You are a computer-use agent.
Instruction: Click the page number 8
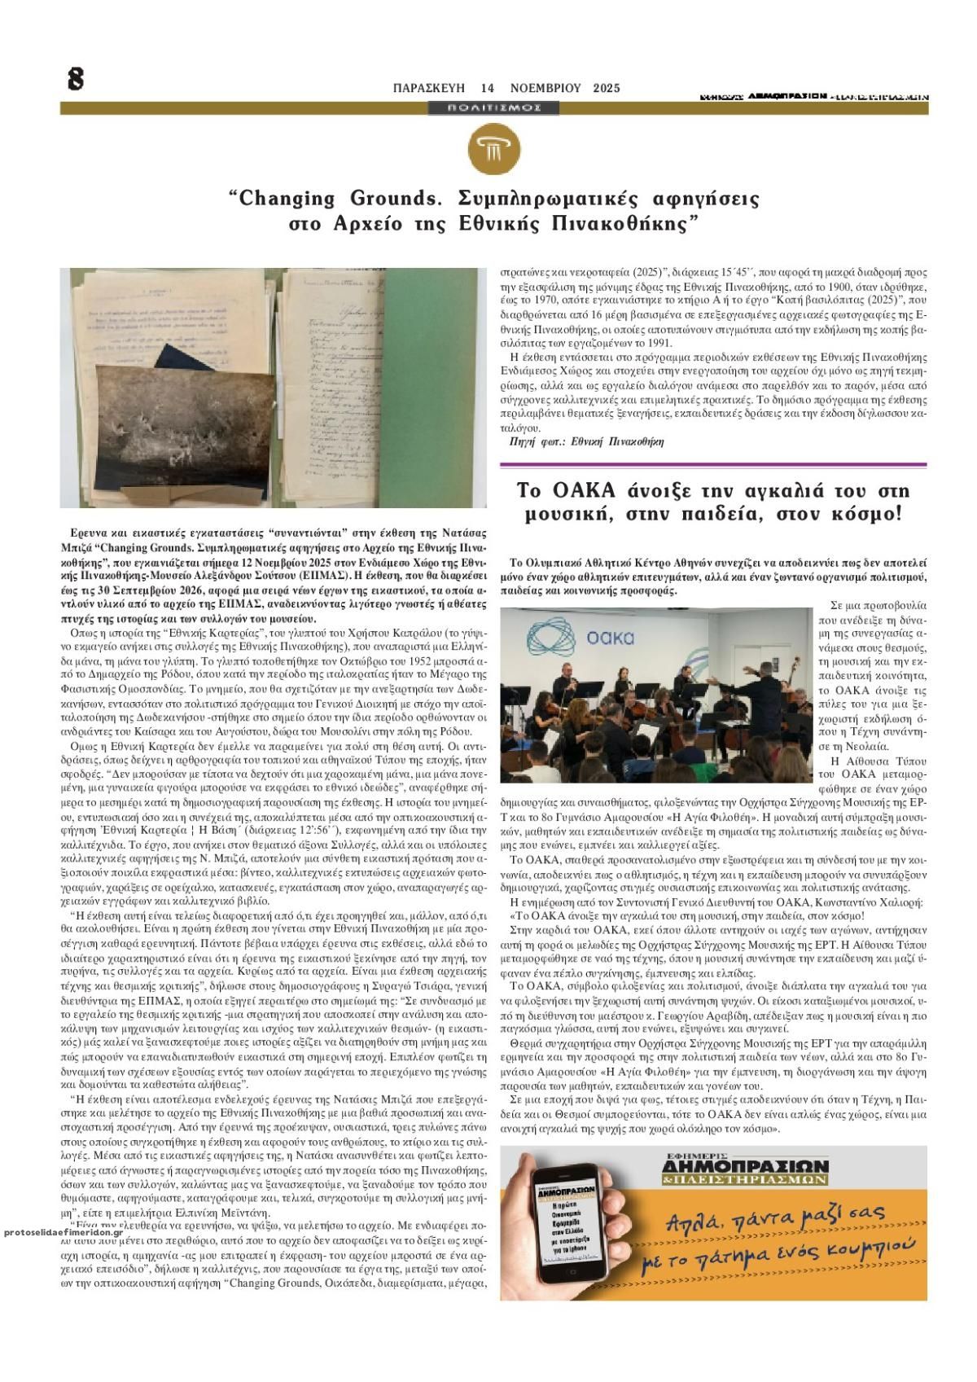click(76, 79)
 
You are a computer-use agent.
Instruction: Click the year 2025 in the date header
click(607, 88)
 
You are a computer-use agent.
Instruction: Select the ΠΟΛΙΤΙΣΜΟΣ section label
click(494, 107)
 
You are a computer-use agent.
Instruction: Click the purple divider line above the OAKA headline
click(713, 464)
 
